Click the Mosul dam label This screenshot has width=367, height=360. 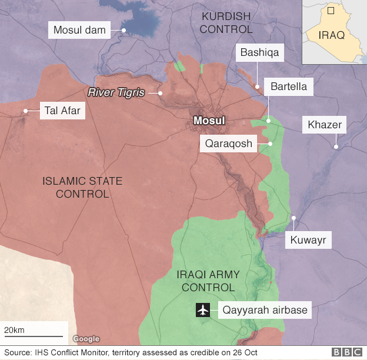79,29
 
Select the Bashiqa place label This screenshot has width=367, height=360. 259,53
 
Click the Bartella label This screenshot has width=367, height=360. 289,87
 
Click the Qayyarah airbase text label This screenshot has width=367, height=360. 264,309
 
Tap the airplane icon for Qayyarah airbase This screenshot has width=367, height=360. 203,309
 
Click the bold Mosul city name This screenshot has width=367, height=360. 209,121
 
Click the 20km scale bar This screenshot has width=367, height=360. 33,336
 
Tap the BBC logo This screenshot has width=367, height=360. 348,352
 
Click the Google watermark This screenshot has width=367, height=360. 86,339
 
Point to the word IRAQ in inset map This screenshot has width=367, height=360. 332,35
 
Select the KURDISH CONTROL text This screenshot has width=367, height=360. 226,22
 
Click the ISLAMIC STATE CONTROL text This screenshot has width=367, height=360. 82,187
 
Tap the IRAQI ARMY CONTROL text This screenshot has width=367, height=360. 208,281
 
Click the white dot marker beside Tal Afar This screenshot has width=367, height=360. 25,111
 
